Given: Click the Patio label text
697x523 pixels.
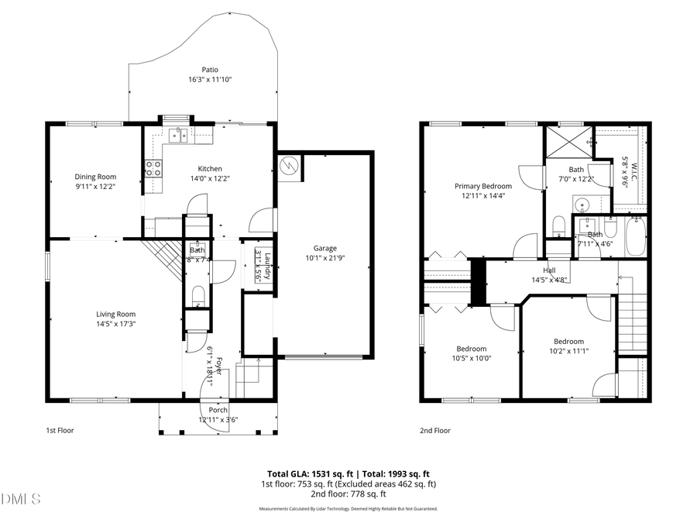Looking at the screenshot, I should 210,69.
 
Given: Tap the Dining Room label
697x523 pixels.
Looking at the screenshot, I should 95,177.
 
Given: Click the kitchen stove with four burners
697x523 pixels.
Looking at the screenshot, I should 153,169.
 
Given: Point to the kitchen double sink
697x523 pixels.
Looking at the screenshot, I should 179,136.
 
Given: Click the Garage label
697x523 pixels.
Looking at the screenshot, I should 324,248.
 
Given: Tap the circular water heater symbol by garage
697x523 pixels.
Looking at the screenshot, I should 289,166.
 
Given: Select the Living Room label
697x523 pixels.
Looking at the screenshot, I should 116,314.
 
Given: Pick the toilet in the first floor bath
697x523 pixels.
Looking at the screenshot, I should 197,294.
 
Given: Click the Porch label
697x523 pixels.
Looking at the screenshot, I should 218,410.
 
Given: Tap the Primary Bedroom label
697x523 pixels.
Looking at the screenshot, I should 483,186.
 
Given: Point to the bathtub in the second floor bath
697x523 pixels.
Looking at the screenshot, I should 637,236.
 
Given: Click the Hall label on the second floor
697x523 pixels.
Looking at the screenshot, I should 549,270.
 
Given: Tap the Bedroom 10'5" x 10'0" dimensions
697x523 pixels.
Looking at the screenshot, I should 471,358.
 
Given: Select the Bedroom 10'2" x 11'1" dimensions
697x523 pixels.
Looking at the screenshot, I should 568,351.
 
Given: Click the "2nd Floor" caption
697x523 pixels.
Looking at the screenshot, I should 435,430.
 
